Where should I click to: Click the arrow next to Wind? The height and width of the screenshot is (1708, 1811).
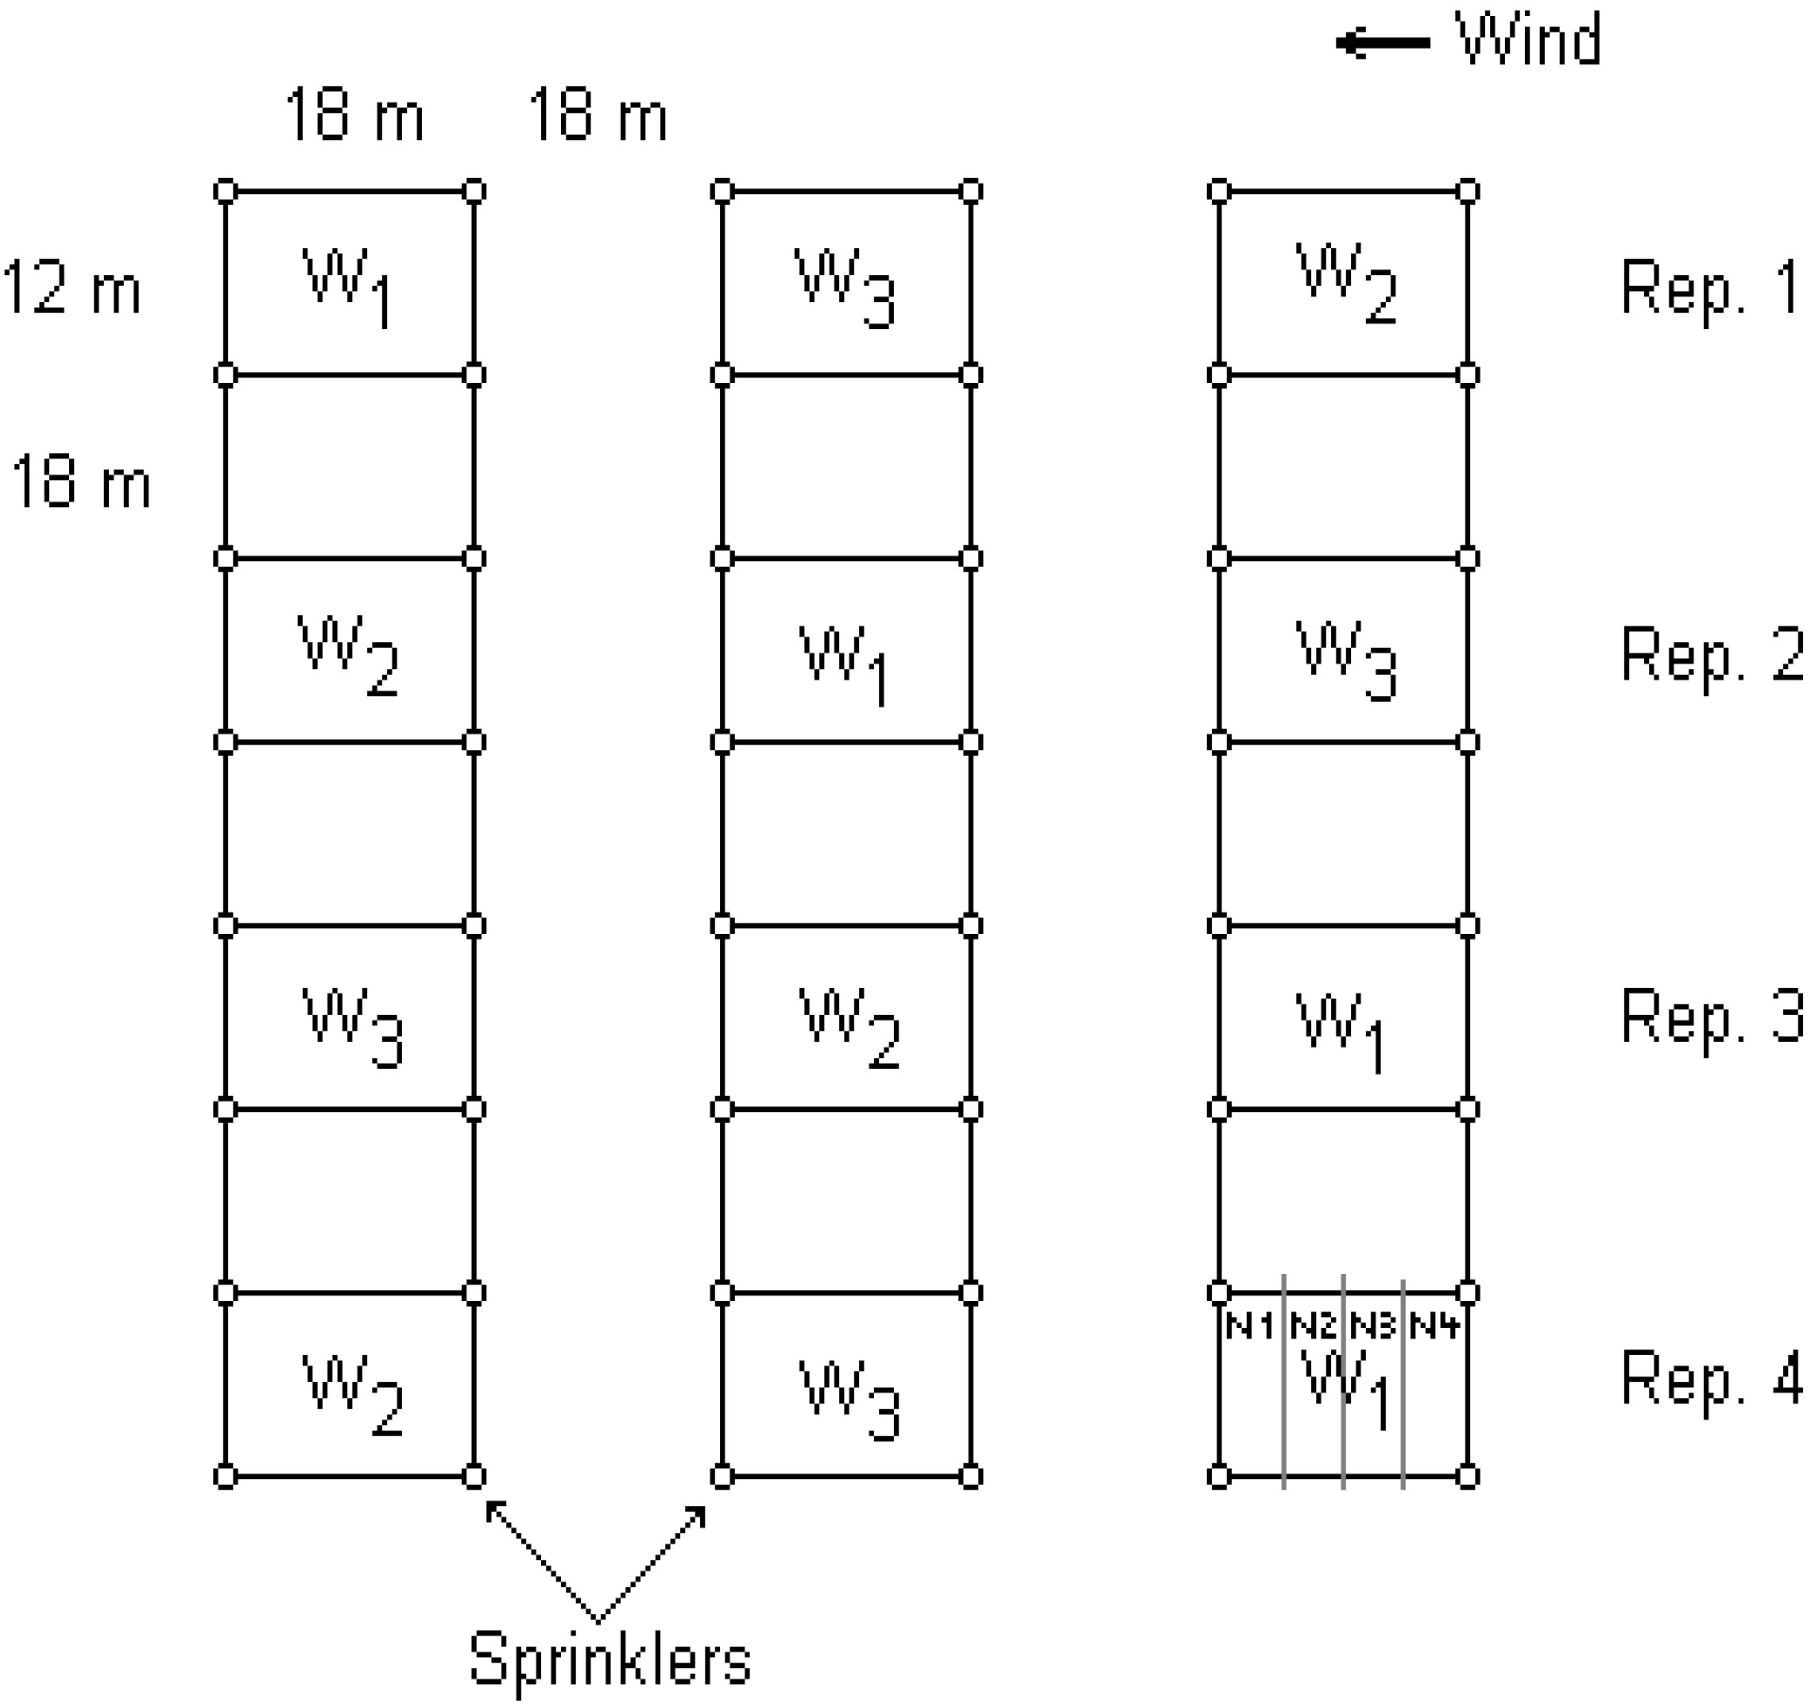pos(1383,43)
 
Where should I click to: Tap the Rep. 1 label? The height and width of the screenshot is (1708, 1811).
pos(1710,288)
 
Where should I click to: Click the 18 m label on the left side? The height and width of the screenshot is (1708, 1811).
pos(80,482)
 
